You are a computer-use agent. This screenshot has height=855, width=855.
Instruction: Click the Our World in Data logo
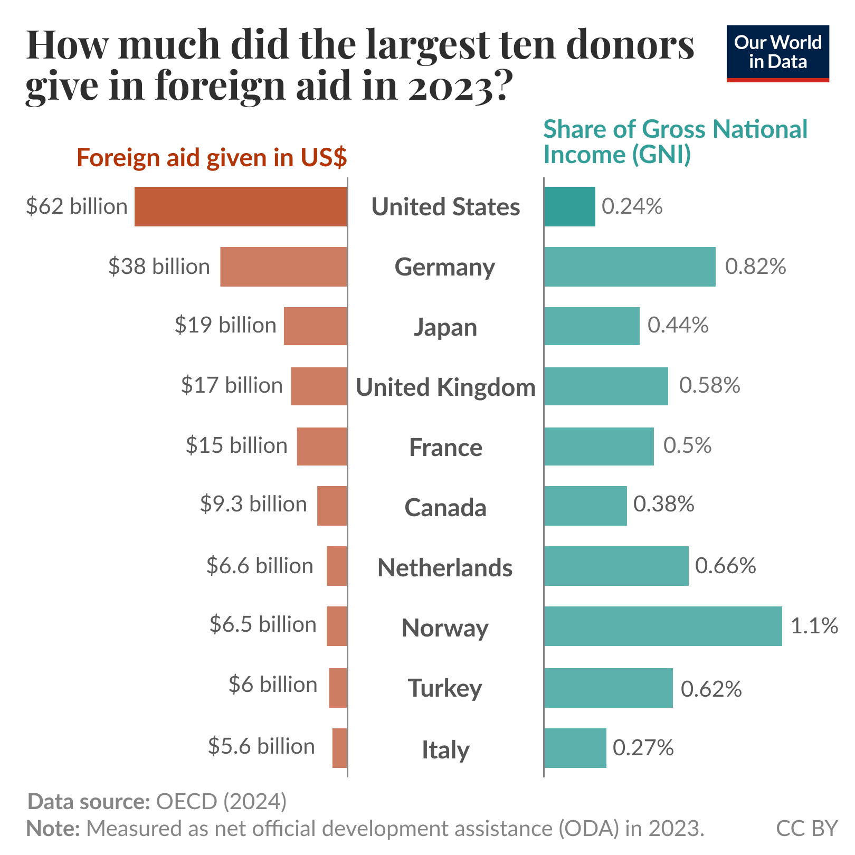click(x=777, y=53)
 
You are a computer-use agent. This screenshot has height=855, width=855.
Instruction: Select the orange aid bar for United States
click(x=241, y=206)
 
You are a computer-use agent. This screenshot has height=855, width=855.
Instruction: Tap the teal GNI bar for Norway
click(x=663, y=626)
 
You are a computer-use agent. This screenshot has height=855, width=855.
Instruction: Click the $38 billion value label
click(x=159, y=267)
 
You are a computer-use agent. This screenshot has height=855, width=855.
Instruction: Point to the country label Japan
click(x=445, y=327)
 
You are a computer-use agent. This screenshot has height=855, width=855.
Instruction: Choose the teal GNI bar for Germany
click(x=630, y=267)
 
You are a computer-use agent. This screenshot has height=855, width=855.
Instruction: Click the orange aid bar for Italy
click(x=339, y=748)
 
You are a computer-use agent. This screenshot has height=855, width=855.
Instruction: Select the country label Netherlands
click(x=445, y=568)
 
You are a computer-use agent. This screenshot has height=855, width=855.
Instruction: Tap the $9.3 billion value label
click(x=253, y=504)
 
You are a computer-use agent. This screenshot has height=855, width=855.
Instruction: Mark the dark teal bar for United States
click(x=569, y=206)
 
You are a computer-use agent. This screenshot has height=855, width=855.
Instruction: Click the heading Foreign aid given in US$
click(x=212, y=158)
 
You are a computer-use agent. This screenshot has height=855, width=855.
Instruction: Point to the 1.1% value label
click(x=814, y=626)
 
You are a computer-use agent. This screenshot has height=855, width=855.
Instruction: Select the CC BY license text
click(x=806, y=828)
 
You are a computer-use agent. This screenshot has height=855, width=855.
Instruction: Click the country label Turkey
click(x=445, y=688)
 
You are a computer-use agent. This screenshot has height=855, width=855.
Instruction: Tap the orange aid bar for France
click(x=322, y=446)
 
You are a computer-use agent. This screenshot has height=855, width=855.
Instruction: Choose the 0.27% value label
click(x=643, y=748)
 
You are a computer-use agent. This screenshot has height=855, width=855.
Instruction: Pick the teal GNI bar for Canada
click(x=585, y=506)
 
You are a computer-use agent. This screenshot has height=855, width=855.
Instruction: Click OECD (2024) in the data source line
click(x=221, y=801)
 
